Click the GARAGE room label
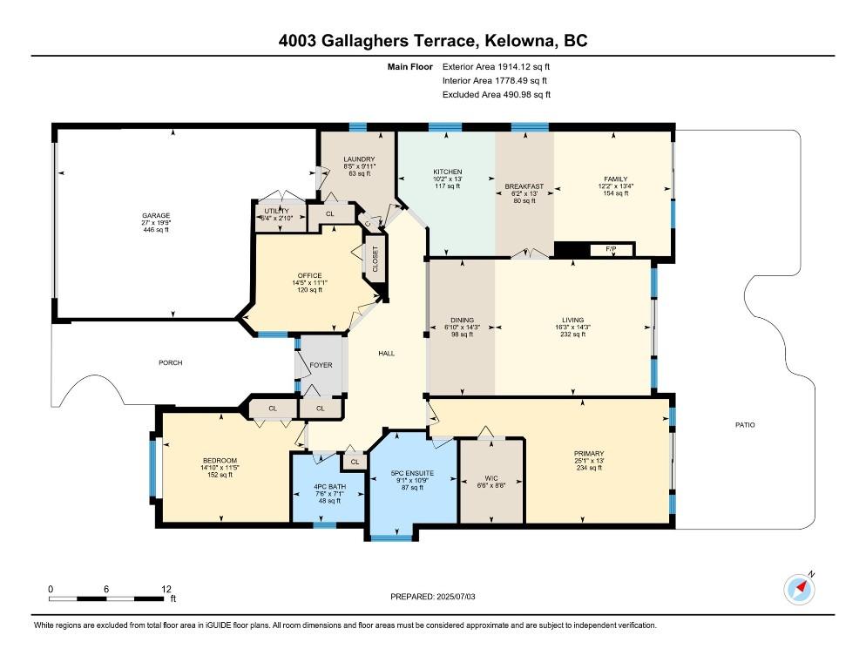point(157,215)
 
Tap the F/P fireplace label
point(611,250)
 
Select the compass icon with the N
point(800,590)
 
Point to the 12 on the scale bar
point(166,589)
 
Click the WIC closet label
point(491,478)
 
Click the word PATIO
point(743,425)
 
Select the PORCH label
point(170,362)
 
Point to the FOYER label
point(321,365)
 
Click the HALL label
point(386,354)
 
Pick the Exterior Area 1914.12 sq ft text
point(497,66)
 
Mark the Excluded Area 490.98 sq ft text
point(497,95)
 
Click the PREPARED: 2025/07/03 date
point(435,597)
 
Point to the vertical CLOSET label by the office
point(375,260)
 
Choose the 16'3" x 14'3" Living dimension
point(572,328)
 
